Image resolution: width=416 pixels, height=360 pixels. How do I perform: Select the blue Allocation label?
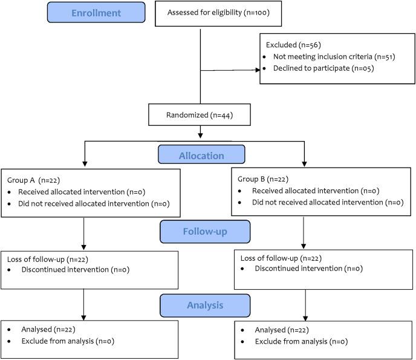(x=201, y=155)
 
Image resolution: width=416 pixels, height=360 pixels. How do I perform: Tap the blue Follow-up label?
(x=205, y=231)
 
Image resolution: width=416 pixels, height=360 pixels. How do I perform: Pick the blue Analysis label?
(x=205, y=305)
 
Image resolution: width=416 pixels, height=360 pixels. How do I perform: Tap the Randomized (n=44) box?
(x=199, y=114)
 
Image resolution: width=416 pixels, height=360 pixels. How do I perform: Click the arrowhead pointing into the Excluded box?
(x=256, y=70)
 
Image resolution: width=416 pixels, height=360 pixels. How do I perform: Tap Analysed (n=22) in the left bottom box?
(x=47, y=330)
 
